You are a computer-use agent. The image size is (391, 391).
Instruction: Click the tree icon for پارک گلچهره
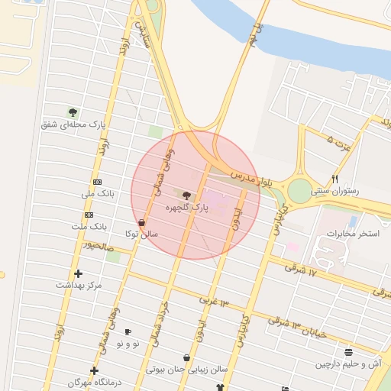point(187,195)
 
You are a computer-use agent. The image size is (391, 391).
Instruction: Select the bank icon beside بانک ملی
point(98,183)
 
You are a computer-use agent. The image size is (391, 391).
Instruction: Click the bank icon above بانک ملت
point(89,215)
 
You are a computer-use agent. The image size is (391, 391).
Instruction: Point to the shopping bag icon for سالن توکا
point(142,222)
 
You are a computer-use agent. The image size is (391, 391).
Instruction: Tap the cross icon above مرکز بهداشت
point(78,273)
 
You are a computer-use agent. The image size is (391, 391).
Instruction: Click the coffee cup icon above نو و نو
point(128,331)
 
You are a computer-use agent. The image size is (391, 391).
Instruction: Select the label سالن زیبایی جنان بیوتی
point(188,369)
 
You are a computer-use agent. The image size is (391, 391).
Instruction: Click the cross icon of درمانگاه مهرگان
point(94,370)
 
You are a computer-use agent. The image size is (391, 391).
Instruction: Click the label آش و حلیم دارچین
point(348,364)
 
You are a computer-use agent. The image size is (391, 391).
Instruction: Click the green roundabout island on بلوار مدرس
point(299,190)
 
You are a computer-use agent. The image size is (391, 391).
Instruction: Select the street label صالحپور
point(99,247)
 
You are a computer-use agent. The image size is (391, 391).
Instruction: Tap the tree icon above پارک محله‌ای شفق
point(73,112)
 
